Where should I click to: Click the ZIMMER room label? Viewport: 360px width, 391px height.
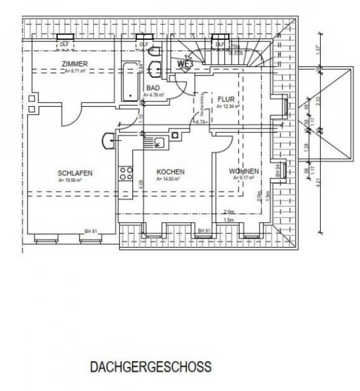click(72, 63)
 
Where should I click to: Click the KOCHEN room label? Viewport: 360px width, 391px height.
click(170, 172)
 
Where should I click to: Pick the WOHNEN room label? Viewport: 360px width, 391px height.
click(244, 172)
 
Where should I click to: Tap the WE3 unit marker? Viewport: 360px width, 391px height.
click(185, 65)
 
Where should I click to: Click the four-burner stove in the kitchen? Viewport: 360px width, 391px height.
click(125, 173)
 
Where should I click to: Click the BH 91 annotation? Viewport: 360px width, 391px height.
click(204, 231)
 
